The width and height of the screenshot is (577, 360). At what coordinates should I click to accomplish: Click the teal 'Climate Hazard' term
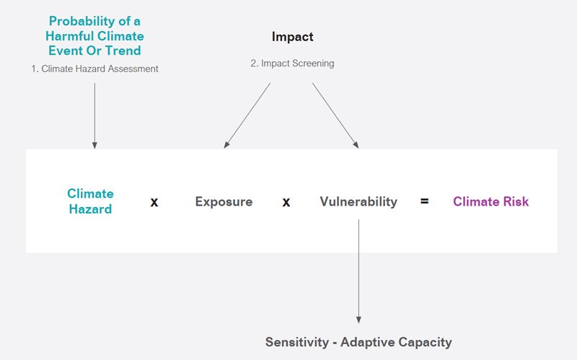pos(90,201)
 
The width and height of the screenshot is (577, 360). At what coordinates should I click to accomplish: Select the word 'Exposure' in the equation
pos(224,202)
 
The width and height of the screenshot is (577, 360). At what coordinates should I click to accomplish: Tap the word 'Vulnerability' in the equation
pos(358,202)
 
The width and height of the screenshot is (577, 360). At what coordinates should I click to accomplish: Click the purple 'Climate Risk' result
pos(490,202)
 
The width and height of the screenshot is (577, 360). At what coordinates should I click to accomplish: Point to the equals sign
pos(424,202)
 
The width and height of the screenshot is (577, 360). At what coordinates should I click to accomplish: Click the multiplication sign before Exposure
pos(154,203)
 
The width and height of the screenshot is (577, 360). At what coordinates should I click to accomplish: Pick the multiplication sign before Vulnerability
pos(286,203)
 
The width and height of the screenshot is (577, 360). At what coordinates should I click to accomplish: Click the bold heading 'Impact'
pos(292,37)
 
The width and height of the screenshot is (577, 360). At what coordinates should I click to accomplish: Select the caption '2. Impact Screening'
pos(292,63)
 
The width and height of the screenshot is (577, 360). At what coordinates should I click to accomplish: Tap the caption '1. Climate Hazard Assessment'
pos(94,69)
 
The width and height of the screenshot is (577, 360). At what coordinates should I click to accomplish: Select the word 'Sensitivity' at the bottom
pos(297,342)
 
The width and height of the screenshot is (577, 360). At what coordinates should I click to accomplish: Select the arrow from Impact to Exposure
pos(247,115)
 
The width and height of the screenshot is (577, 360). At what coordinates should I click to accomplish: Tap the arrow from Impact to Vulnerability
pos(335,115)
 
